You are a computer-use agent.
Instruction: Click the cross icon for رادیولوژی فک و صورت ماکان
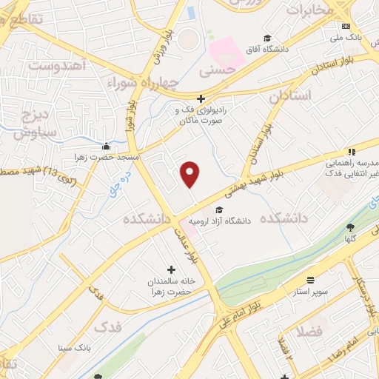click(201, 98)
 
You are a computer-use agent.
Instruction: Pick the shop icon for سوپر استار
click(309, 281)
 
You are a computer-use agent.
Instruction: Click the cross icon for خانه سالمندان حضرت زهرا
click(172, 270)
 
